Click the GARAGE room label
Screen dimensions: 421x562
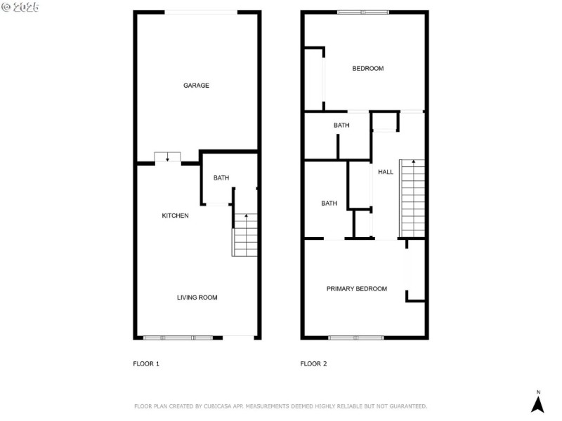[x=197, y=86]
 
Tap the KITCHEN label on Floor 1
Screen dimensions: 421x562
[x=176, y=215]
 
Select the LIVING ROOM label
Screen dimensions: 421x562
[x=197, y=298]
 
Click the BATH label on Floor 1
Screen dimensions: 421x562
[x=221, y=178]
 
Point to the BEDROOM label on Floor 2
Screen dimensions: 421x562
[x=367, y=68]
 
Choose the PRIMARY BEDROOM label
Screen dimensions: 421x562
[x=356, y=288]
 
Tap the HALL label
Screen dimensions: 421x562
[x=386, y=172]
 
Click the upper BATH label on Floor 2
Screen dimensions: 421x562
[x=341, y=126]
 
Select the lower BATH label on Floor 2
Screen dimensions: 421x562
[x=329, y=203]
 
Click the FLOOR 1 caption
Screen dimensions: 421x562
[x=147, y=363]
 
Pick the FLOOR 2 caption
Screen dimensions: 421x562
[x=314, y=363]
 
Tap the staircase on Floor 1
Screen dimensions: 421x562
[x=245, y=234]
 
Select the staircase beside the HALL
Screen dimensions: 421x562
[x=412, y=198]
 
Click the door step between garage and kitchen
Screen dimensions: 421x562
[x=167, y=156]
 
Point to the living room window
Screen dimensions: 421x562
[x=178, y=338]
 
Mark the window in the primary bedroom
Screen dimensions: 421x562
[x=355, y=338]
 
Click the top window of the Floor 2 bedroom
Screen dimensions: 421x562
[x=362, y=12]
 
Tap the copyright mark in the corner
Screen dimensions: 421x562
[x=6, y=6]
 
